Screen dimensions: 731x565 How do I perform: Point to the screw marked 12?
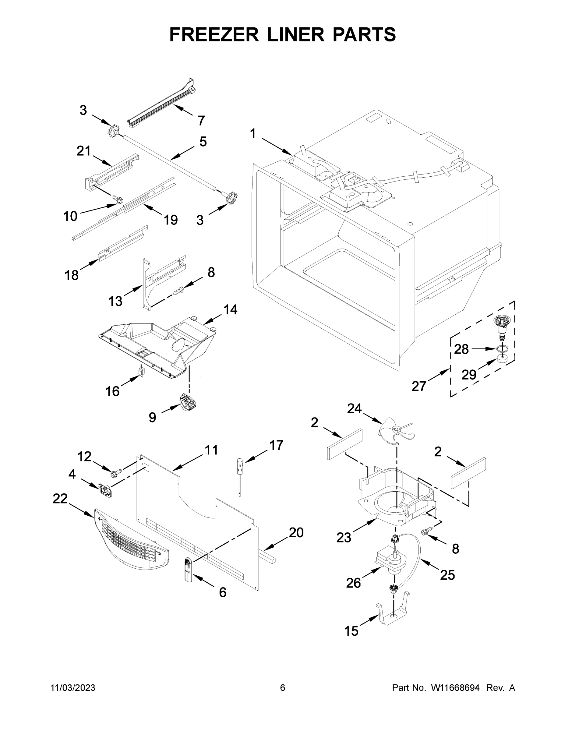115,473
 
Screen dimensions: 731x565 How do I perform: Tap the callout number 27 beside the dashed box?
418,386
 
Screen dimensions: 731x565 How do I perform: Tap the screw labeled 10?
118,199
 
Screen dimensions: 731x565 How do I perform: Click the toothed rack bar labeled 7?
161,104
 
